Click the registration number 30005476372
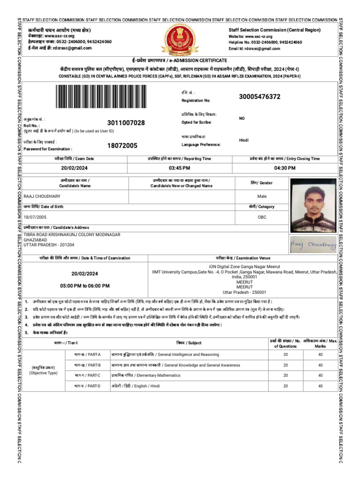coord(260,97)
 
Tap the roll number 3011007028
coord(126,123)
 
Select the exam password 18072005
coord(122,145)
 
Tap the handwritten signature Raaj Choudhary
coord(313,244)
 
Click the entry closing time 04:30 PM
coord(285,168)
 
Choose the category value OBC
coord(262,217)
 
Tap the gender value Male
coord(262,196)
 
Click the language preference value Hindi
coord(244,140)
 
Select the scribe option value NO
coord(242,119)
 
